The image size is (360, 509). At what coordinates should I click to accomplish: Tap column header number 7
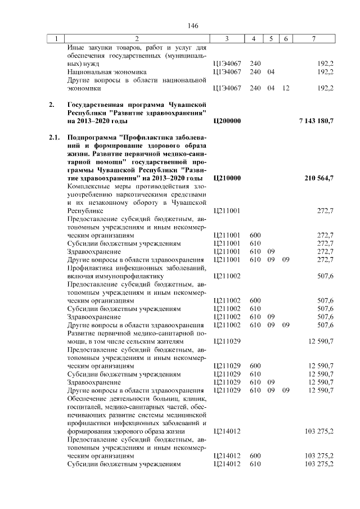tap(314, 39)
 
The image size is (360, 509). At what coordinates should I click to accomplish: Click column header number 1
tap(56, 39)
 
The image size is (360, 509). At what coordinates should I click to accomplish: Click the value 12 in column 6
tap(286, 88)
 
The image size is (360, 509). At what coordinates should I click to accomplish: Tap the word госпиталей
tap(84, 407)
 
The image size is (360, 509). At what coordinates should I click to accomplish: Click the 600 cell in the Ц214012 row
tap(255, 456)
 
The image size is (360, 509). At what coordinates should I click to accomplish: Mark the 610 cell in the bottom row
tap(255, 464)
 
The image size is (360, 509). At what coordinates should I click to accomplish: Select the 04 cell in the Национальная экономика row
tap(271, 73)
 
